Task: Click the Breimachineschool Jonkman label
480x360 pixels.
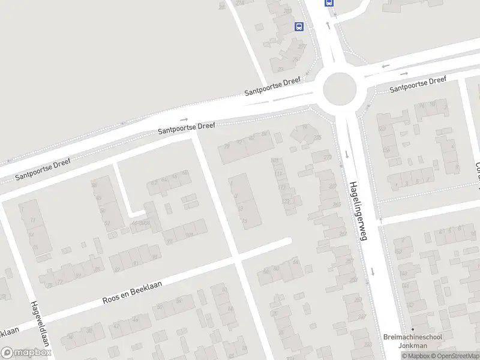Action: [413, 341]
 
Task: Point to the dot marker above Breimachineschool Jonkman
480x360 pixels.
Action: [413, 329]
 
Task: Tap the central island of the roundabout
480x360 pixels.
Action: [340, 89]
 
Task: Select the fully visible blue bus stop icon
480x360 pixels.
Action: [299, 26]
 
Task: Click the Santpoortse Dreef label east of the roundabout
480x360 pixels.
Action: [418, 85]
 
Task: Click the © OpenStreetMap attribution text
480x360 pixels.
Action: [459, 356]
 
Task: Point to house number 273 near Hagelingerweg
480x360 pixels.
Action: [327, 158]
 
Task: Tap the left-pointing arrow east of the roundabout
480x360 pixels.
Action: [385, 66]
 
